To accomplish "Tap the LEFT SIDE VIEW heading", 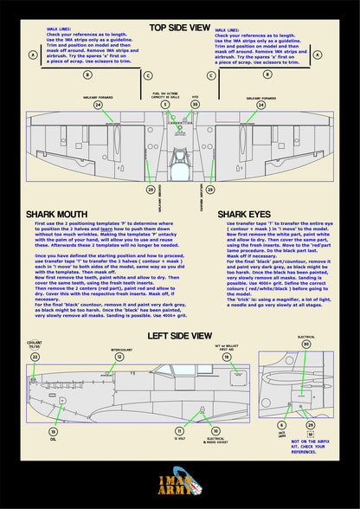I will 180,335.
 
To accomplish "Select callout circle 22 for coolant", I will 35,356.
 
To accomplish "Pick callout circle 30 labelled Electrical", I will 306,344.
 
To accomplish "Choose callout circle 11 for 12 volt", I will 179,430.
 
